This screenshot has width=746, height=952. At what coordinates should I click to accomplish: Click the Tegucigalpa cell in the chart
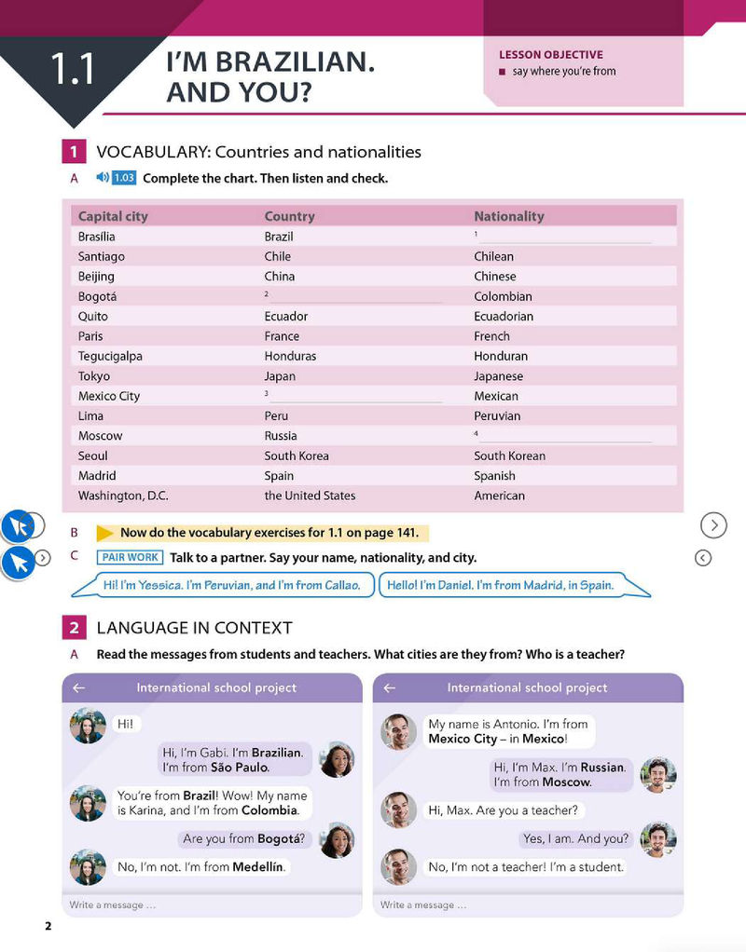110,356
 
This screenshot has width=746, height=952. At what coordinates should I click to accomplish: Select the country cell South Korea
297,456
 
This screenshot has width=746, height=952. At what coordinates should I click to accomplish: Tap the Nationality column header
508,216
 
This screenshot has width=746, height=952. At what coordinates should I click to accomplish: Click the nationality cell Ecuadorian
504,316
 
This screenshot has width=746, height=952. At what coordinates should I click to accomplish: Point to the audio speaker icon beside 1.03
103,178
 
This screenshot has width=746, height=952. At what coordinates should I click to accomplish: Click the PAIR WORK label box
131,557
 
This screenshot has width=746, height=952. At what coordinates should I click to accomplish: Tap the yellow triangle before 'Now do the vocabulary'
104,534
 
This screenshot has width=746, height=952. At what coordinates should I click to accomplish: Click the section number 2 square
73,628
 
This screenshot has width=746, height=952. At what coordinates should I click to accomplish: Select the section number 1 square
73,152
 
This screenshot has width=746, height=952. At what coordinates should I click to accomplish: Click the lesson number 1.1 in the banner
73,70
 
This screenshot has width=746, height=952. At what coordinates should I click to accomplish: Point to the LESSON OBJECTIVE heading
550,55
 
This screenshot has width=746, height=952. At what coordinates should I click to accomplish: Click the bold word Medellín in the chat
258,867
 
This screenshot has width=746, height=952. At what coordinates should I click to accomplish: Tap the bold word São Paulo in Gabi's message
239,768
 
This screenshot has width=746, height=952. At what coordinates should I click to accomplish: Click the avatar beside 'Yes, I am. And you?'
658,838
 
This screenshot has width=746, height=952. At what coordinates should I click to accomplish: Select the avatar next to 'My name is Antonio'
398,731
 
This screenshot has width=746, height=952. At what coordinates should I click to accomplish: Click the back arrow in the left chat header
79,687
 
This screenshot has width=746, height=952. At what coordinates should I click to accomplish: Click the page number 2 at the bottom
48,926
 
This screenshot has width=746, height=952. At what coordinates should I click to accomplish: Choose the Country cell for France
282,336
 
